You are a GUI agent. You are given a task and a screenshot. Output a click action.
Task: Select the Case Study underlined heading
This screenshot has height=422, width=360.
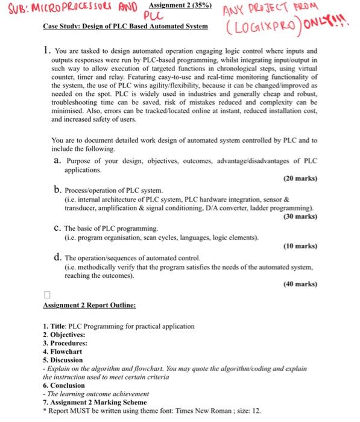pos(126,27)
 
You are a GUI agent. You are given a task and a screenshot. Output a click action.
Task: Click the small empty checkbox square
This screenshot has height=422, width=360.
pos(47,296)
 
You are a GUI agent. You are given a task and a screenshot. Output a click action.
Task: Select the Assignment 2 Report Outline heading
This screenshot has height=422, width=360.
pos(89,306)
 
